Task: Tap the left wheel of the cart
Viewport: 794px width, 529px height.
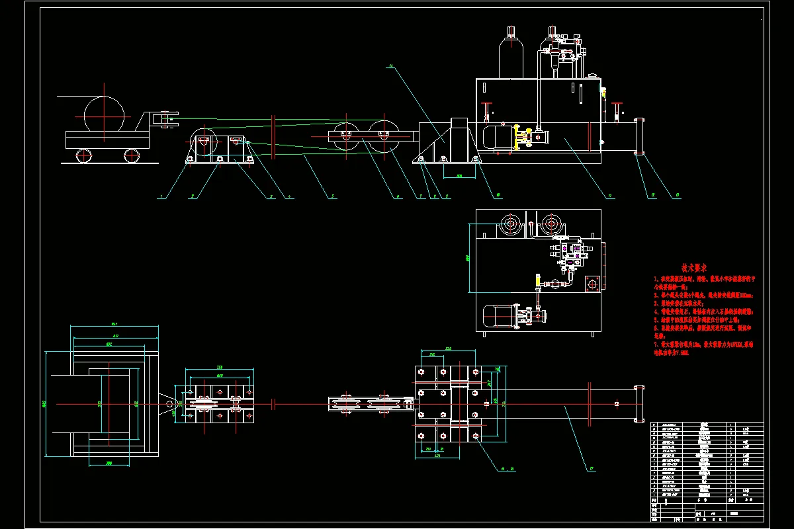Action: pyautogui.click(x=83, y=156)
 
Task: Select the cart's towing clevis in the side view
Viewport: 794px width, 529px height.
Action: pyautogui.click(x=164, y=120)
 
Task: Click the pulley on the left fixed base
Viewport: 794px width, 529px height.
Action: pyautogui.click(x=201, y=141)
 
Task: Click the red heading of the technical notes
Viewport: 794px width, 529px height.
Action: pyautogui.click(x=694, y=268)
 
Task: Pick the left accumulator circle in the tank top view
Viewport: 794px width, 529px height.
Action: pyautogui.click(x=509, y=225)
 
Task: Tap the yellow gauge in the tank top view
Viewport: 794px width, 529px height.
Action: pyautogui.click(x=537, y=280)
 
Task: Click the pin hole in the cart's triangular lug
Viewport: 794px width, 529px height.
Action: pyautogui.click(x=169, y=403)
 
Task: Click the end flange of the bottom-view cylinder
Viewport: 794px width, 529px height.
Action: pyautogui.click(x=639, y=403)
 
